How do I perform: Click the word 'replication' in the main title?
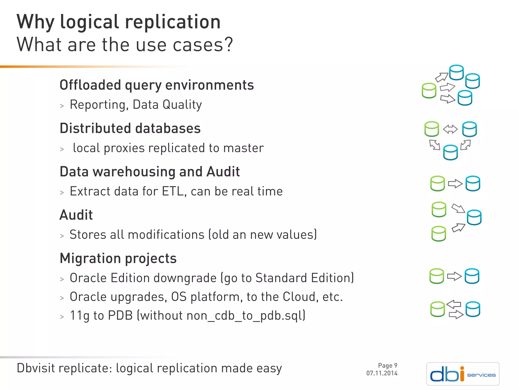(173, 22)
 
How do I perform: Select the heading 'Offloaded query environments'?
(157, 85)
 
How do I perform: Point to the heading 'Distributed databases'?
(130, 128)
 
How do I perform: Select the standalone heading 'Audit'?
(76, 215)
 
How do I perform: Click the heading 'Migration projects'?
(118, 258)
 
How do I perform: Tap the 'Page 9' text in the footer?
(387, 366)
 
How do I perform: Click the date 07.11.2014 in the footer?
(382, 373)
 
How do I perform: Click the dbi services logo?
(463, 374)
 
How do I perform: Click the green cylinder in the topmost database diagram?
(429, 91)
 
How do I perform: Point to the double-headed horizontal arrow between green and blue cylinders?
(450, 129)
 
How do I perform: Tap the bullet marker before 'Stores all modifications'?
(62, 236)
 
